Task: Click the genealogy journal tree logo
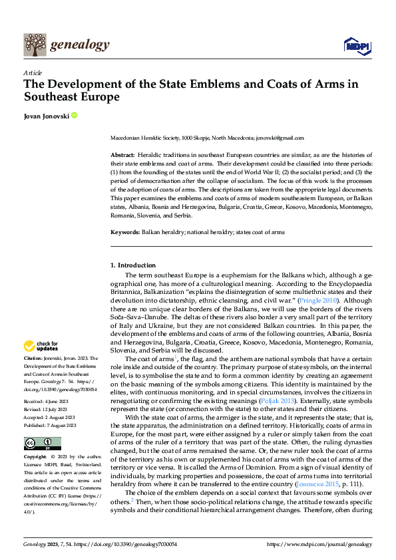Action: (x=34, y=45)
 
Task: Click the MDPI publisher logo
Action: (x=357, y=45)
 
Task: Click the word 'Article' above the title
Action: (x=33, y=72)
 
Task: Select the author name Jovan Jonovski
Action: (x=46, y=116)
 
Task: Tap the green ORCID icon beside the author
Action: (x=75, y=116)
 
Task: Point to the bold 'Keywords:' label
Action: (x=125, y=232)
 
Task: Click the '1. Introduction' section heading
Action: (x=132, y=265)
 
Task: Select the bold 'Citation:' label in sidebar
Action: (x=34, y=358)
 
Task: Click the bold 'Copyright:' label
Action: (x=35, y=458)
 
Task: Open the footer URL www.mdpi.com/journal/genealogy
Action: (x=319, y=544)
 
